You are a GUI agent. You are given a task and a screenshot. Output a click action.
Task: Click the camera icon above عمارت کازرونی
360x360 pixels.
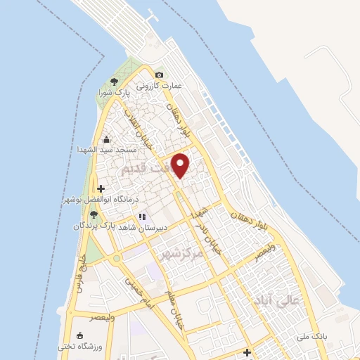pos(160,75)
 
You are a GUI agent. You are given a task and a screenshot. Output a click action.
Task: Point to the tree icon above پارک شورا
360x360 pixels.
pos(114,82)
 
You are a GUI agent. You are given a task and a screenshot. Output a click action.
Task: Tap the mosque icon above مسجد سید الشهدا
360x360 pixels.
pos(105,139)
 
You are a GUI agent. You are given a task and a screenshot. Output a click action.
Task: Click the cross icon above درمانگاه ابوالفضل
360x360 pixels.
pos(102,188)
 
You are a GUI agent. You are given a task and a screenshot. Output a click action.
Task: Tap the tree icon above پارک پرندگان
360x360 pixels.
pos(93,215)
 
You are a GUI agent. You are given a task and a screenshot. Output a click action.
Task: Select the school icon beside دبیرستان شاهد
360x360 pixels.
pos(141,217)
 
